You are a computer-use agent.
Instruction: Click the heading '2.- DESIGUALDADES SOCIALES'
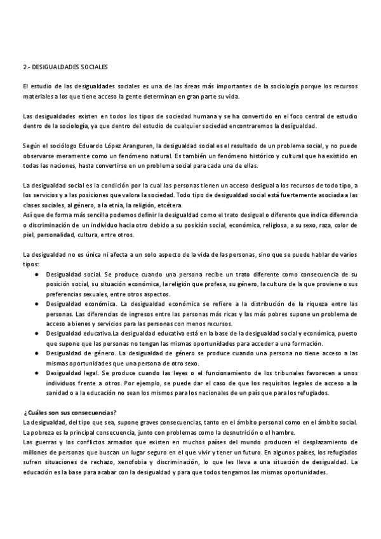(x=65, y=66)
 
